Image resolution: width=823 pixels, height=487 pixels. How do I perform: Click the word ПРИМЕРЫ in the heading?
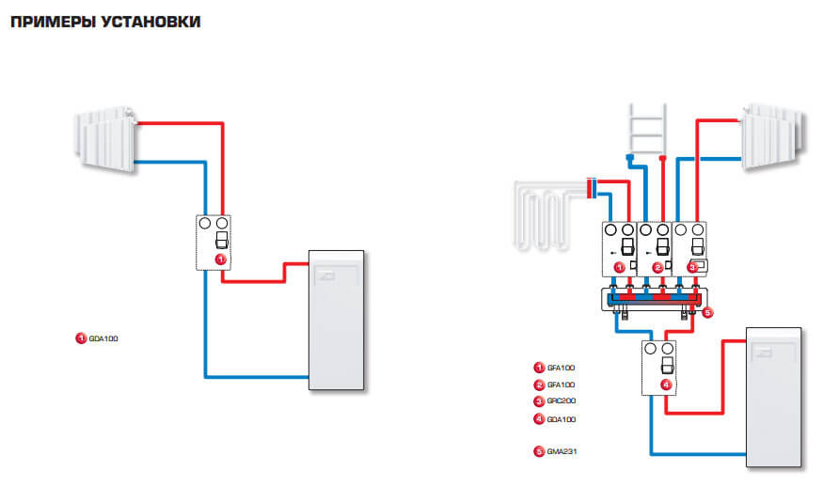point(49,22)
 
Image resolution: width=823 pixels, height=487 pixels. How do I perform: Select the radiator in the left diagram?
point(105,138)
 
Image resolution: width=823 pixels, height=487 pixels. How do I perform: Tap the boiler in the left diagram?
point(336,320)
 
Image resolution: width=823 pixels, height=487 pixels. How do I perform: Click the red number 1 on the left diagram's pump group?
point(220,257)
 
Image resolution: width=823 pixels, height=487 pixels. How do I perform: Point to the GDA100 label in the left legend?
point(103,338)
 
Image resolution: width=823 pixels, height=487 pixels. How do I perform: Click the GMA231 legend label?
point(562,451)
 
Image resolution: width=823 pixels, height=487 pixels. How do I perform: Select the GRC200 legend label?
point(562,401)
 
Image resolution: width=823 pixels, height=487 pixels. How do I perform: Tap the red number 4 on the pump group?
point(666,384)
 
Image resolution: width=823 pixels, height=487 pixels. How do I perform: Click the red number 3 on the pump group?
point(693,267)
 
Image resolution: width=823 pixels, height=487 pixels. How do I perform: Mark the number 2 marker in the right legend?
point(539,385)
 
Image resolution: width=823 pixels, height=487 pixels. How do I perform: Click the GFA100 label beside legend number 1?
point(562,368)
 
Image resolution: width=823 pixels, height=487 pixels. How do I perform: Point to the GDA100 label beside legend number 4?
point(562,419)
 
